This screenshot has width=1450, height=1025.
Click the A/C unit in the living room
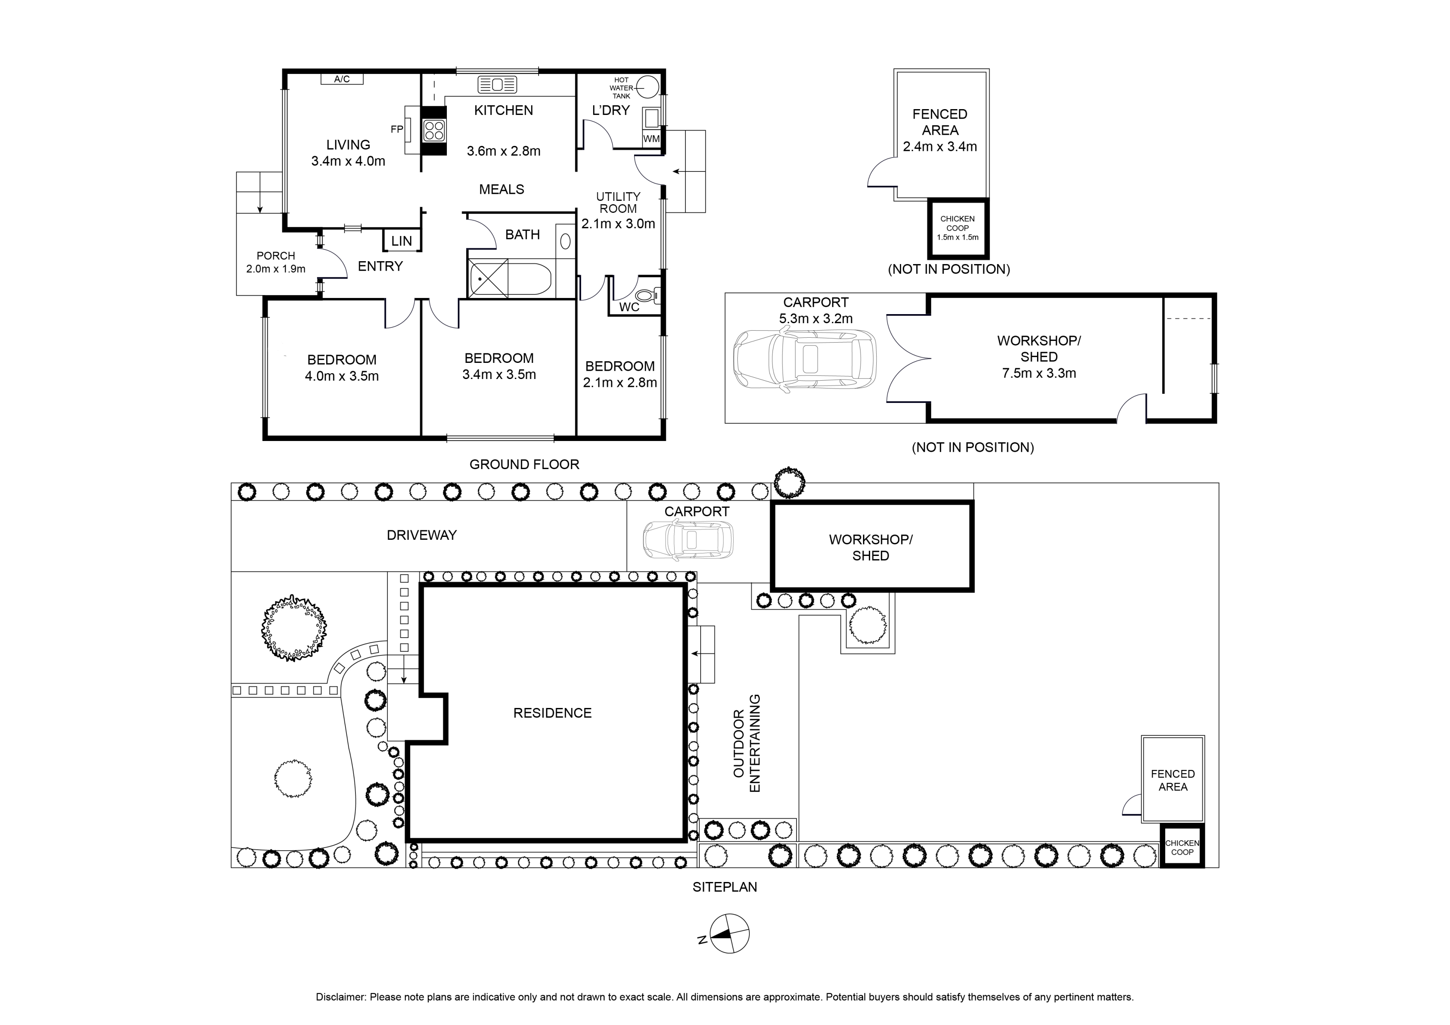click(342, 79)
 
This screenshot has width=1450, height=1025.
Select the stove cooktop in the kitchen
click(434, 131)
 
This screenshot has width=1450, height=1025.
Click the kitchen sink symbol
click(497, 85)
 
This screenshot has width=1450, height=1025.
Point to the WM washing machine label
click(651, 138)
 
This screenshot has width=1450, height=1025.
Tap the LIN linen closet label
click(402, 241)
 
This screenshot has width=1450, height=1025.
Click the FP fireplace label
click(397, 129)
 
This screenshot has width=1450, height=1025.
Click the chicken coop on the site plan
click(1182, 848)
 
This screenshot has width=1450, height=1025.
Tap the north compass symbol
click(730, 933)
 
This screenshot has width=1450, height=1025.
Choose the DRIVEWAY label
click(421, 535)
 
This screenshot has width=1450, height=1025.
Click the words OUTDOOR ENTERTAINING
click(746, 743)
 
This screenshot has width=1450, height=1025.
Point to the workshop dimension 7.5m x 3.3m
click(1039, 373)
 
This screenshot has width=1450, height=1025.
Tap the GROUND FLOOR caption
click(524, 464)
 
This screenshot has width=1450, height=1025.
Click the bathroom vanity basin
click(565, 241)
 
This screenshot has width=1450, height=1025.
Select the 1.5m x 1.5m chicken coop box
click(957, 229)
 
